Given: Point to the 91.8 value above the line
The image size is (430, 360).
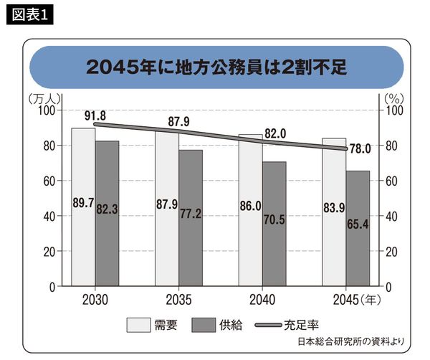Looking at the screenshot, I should click(95, 115).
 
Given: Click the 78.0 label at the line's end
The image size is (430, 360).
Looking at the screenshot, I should click(359, 149).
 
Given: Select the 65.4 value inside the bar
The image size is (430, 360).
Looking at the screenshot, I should click(358, 223).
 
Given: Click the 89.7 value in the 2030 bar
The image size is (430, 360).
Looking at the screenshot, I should click(83, 204).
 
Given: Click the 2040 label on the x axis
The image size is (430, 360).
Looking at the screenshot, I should click(262, 299).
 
